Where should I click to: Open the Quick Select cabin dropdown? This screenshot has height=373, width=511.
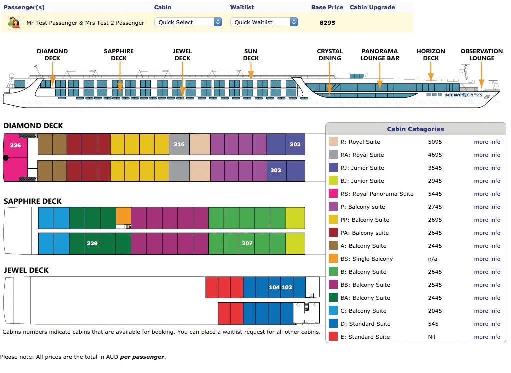(189, 22)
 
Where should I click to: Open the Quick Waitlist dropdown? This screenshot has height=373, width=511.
(264, 22)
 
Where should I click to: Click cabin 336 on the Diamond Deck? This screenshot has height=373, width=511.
(15, 145)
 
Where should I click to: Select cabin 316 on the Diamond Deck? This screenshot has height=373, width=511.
(179, 145)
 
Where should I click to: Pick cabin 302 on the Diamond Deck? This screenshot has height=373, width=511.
(295, 145)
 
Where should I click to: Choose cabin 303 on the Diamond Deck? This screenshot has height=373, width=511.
(276, 170)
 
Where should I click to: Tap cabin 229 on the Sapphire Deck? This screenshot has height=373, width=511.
(92, 244)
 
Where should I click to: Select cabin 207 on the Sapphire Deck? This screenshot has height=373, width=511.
(247, 244)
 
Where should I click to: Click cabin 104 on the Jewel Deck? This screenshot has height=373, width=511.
(274, 287)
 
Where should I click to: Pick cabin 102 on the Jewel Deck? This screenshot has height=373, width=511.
(287, 287)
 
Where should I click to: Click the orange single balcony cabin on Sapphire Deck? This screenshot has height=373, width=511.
(123, 215)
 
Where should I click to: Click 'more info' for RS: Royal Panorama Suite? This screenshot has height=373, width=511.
(487, 194)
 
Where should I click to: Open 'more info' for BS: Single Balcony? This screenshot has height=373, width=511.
(487, 259)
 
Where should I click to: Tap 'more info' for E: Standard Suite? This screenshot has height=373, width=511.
(487, 337)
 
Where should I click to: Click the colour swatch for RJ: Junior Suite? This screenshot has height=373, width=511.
(333, 168)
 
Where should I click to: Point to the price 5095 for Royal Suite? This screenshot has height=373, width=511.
(435, 142)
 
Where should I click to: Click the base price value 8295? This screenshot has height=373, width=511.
(327, 23)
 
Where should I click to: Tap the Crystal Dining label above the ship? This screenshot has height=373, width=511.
(330, 55)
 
